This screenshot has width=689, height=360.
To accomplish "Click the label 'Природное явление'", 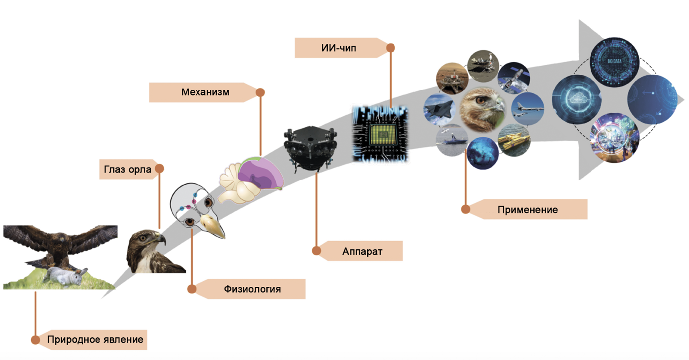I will pos(95,340).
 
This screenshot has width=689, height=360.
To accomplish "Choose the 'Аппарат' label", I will pos(362,251).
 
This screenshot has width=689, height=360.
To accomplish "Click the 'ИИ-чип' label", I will pos(338,48).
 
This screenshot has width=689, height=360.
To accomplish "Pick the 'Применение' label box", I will pos(527,209).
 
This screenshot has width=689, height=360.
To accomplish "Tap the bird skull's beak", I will pos(215,228).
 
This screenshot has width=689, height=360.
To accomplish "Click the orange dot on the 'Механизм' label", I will pos(260,92).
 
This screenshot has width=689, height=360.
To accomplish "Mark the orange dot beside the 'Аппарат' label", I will pos(316,251).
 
